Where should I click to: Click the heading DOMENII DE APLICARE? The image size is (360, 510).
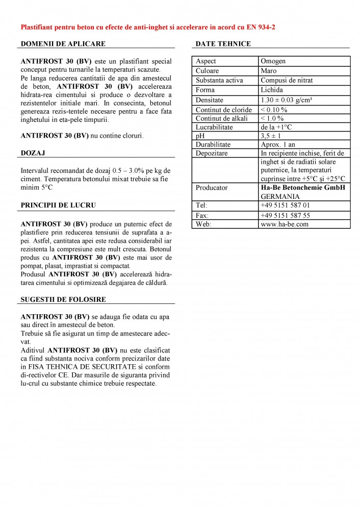tap(63, 44)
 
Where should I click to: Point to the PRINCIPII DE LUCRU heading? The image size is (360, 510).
tap(59, 206)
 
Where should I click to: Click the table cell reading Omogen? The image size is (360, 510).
tap(273, 61)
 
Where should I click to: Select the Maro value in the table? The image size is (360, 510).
tap(269, 70)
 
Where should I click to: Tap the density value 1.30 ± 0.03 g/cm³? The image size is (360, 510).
tap(289, 100)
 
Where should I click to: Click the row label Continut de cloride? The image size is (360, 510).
tap(224, 110)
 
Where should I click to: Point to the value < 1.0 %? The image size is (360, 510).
tap(272, 118)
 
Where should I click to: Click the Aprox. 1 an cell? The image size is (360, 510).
tap(278, 145)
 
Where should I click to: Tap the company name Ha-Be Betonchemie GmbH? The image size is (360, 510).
tap(303, 188)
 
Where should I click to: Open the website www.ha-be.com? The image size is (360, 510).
tap(285, 224)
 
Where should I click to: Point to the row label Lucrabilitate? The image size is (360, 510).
tap(214, 127)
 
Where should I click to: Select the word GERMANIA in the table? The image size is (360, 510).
tap(280, 196)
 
